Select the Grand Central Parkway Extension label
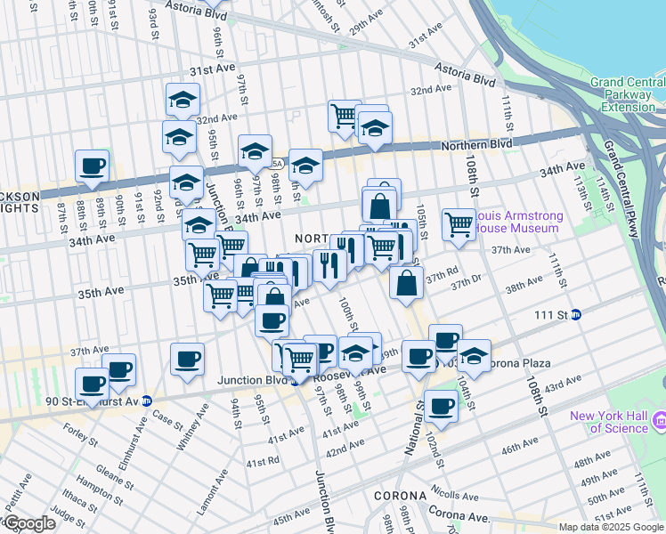[x=627, y=94]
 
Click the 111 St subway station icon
[x=576, y=314]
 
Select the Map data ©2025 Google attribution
[x=611, y=527]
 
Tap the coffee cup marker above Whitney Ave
[x=187, y=359]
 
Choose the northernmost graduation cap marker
[x=183, y=99]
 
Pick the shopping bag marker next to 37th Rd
[x=406, y=282]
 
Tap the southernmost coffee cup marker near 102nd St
[x=440, y=406]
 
